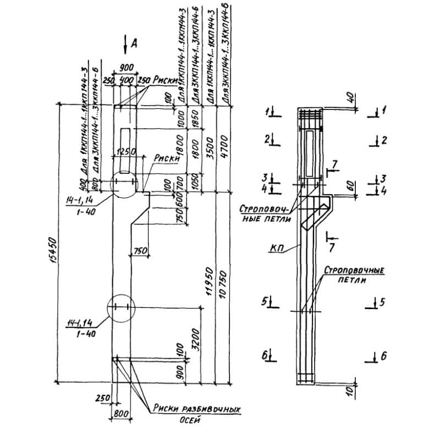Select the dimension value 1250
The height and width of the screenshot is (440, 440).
(x=125, y=151)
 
